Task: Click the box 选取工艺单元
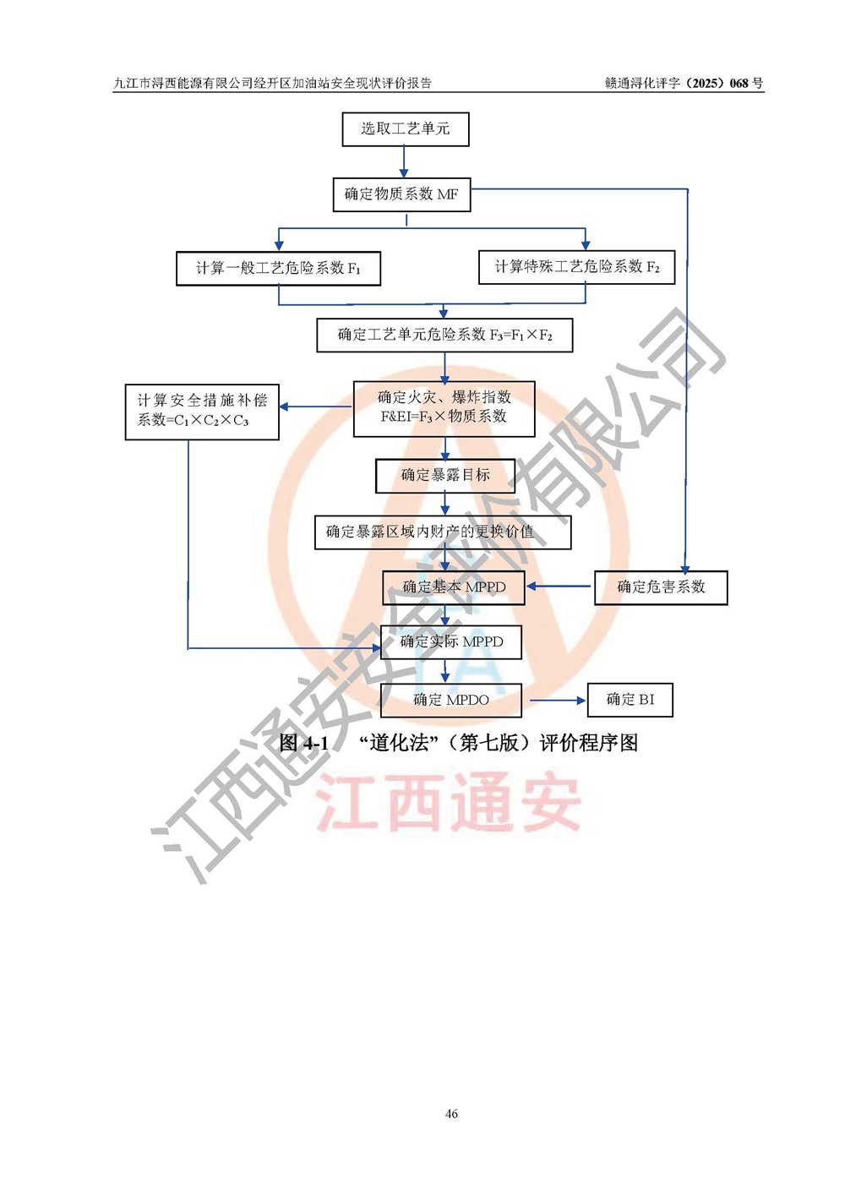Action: [406, 129]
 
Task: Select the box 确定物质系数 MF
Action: [401, 194]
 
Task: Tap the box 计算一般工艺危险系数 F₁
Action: [279, 269]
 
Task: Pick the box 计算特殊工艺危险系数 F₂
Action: [576, 267]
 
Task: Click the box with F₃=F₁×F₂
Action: [445, 335]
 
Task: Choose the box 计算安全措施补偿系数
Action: [202, 412]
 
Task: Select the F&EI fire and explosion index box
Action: [444, 409]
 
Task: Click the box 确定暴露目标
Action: [445, 475]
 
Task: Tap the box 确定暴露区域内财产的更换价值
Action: [443, 532]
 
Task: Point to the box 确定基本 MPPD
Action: [454, 587]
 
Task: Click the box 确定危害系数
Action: [661, 587]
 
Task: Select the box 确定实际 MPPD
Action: [451, 641]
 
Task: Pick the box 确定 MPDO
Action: [451, 700]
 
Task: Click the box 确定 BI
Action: [630, 700]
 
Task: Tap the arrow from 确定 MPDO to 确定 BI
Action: [558, 700]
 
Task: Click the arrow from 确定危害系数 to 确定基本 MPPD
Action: [559, 587]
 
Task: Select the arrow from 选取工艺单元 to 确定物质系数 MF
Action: [404, 161]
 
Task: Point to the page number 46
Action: [451, 1113]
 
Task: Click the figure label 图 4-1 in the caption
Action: [303, 742]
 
